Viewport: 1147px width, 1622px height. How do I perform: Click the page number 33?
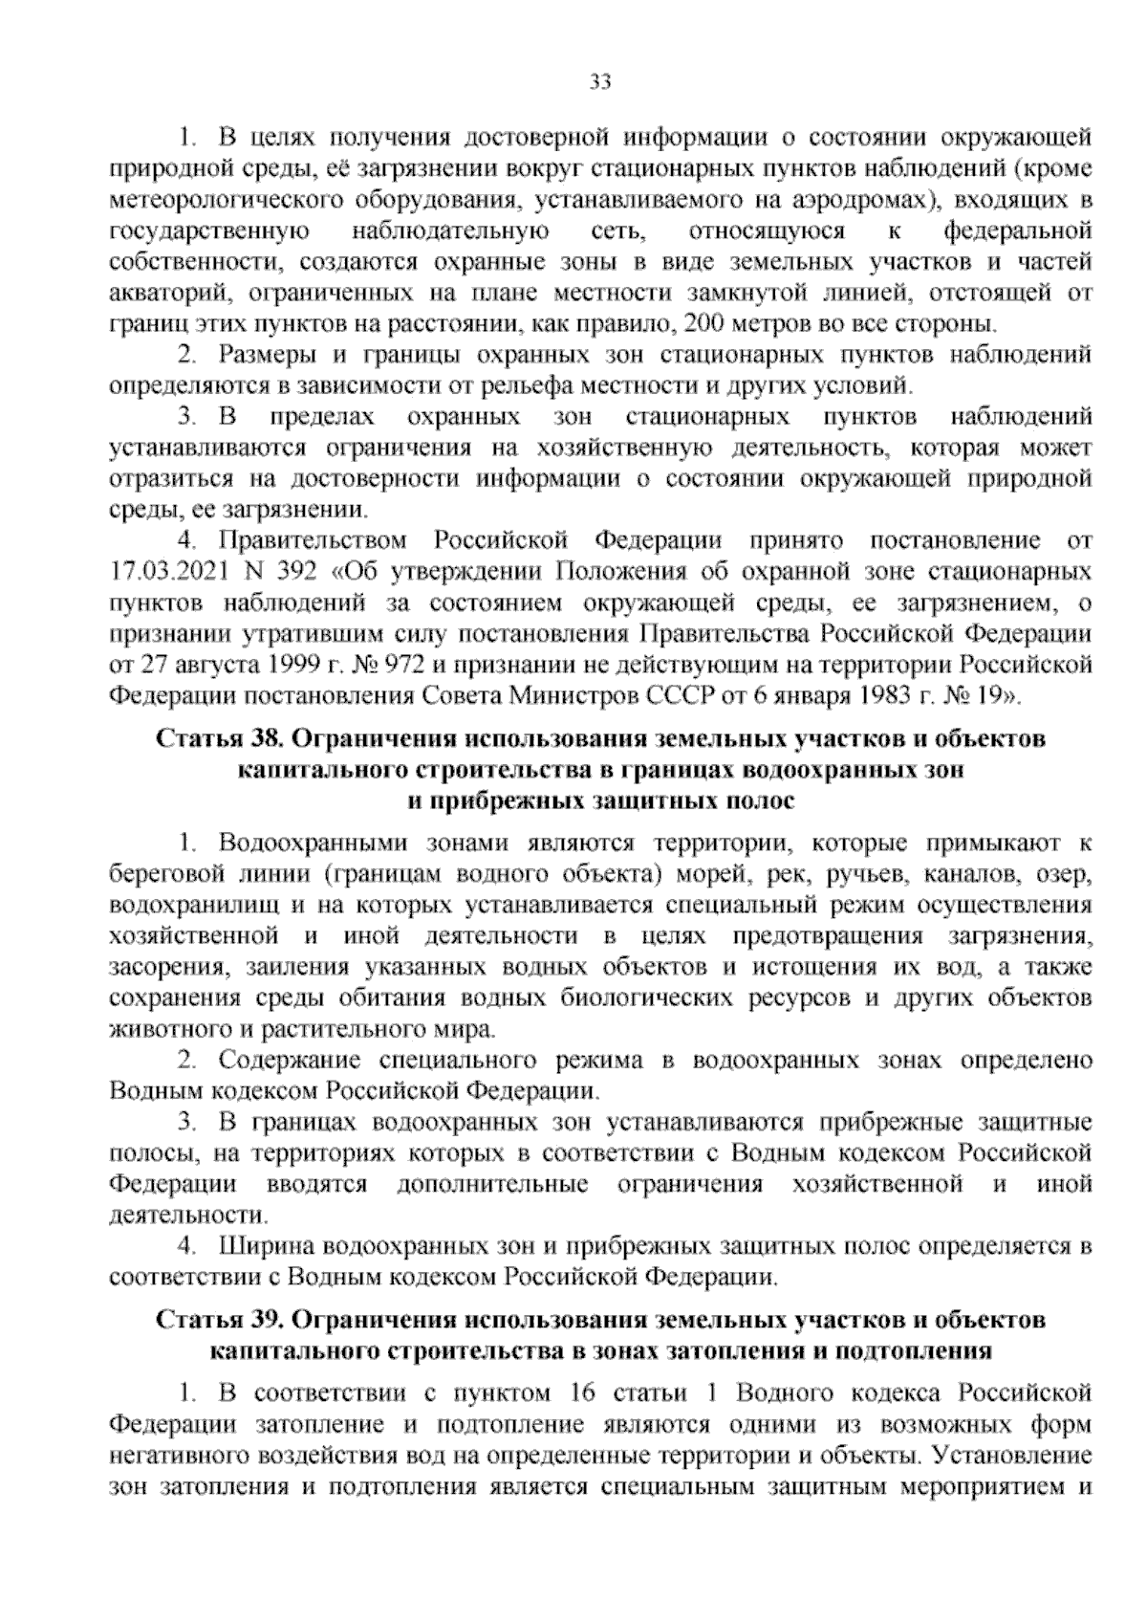pyautogui.click(x=599, y=82)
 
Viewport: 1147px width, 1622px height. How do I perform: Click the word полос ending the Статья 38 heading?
pyautogui.click(x=761, y=801)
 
